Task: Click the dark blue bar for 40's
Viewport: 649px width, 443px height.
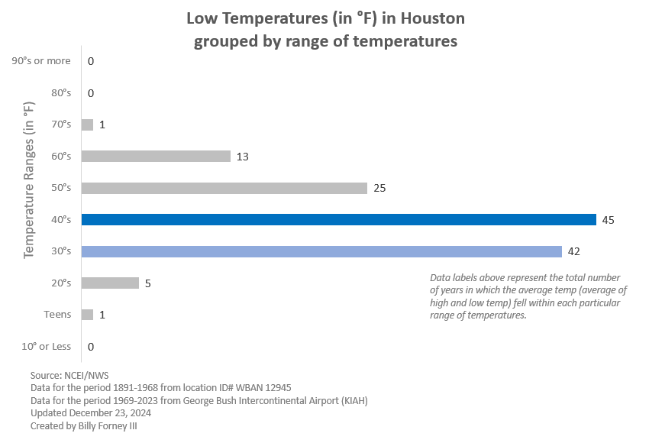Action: (x=338, y=220)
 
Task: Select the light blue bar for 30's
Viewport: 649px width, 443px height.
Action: (x=321, y=251)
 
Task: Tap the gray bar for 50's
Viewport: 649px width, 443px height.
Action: (x=224, y=188)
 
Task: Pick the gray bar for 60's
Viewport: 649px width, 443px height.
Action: (x=156, y=157)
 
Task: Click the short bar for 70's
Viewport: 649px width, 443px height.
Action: (x=87, y=124)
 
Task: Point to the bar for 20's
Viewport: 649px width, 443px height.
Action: (x=110, y=283)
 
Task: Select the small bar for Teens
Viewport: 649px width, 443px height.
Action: (x=87, y=315)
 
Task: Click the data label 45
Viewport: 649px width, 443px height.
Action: (x=609, y=220)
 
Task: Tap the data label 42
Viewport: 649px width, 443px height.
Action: (x=574, y=251)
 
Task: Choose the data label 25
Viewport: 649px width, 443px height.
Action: (x=379, y=188)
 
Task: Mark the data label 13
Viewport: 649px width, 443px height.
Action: (x=243, y=157)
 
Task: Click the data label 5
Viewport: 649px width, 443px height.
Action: (x=148, y=283)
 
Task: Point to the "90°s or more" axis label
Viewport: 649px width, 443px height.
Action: (x=42, y=61)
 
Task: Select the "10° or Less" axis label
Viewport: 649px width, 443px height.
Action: (x=46, y=347)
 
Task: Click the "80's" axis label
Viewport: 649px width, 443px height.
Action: (x=61, y=93)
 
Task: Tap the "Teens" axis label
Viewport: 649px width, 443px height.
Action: (x=58, y=315)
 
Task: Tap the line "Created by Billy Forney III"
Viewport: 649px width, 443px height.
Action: (x=84, y=425)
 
